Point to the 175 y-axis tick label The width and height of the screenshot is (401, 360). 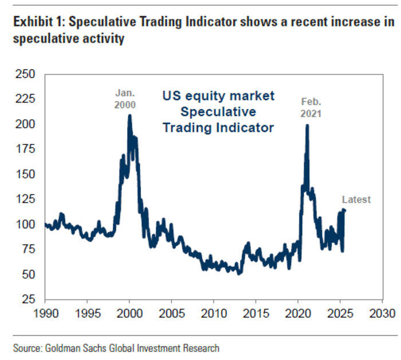pyautogui.click(x=25, y=149)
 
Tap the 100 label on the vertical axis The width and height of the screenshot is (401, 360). pyautogui.click(x=25, y=224)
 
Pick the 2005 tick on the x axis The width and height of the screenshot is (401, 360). pyautogui.click(x=171, y=314)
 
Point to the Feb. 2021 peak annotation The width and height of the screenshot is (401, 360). pyautogui.click(x=312, y=107)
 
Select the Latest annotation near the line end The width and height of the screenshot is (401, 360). pyautogui.click(x=356, y=199)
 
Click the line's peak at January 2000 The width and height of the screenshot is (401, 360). pyautogui.click(x=129, y=115)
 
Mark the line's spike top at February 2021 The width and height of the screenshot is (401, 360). pyautogui.click(x=307, y=125)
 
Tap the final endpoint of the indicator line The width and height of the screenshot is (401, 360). pyautogui.click(x=344, y=210)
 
